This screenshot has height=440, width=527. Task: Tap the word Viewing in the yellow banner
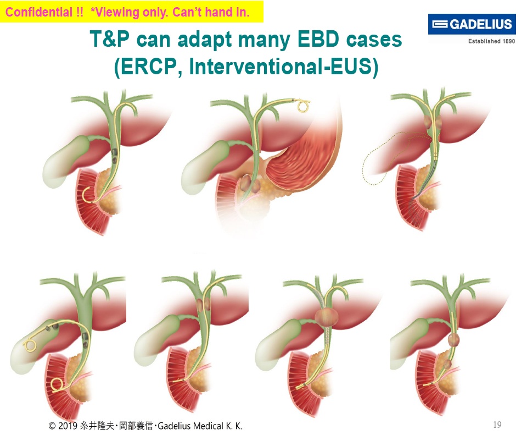click(121, 12)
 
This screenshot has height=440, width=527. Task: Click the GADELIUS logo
click(472, 25)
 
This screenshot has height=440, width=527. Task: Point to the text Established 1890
click(491, 42)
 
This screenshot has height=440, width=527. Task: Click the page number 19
click(497, 425)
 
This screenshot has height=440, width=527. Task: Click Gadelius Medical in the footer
click(194, 426)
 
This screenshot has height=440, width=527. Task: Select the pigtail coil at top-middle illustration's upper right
click(304, 105)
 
